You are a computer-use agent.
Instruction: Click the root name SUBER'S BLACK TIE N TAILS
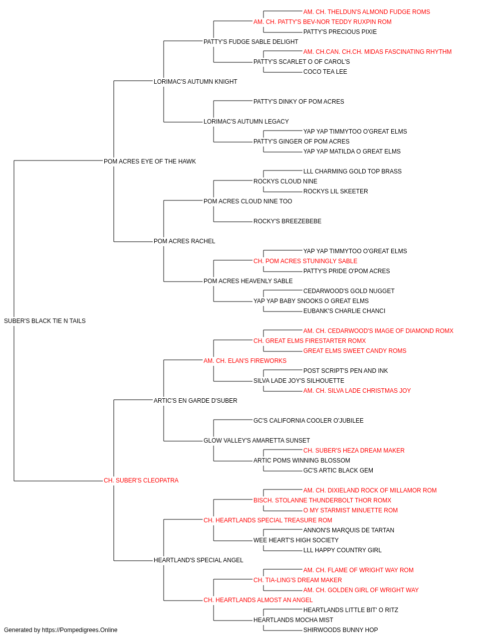point(45,320)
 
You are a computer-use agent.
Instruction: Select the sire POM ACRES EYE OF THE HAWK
point(150,161)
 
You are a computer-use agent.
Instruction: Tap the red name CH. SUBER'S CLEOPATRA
point(141,480)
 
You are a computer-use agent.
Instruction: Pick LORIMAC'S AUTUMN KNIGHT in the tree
point(195,81)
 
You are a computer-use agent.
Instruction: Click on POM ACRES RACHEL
point(184,241)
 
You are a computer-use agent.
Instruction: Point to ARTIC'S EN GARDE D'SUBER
point(195,400)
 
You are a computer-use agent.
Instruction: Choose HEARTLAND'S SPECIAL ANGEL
point(199,560)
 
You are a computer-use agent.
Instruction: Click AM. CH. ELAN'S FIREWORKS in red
point(245,360)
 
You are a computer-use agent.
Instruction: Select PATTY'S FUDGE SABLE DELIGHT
point(250,42)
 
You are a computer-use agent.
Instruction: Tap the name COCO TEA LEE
point(325,72)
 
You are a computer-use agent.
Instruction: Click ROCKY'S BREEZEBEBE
point(287,221)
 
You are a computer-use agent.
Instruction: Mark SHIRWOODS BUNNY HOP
point(340,630)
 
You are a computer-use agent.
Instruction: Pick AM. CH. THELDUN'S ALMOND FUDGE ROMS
point(366,12)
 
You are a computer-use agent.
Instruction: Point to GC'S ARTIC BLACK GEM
point(338,471)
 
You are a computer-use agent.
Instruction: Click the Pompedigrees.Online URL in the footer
point(79,630)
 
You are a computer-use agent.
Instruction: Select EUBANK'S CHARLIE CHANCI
point(344,311)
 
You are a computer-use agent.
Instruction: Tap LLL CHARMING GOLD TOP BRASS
point(352,171)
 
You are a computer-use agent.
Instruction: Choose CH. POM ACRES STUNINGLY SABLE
point(305,261)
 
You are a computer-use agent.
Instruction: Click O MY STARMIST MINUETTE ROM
point(350,510)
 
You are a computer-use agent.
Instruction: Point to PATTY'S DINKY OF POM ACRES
point(298,102)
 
